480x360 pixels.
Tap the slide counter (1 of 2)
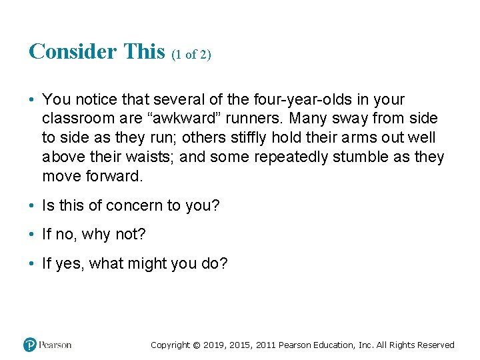191,55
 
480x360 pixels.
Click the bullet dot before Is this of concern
32,206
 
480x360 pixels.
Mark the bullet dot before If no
32,235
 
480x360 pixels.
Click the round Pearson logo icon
29,345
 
